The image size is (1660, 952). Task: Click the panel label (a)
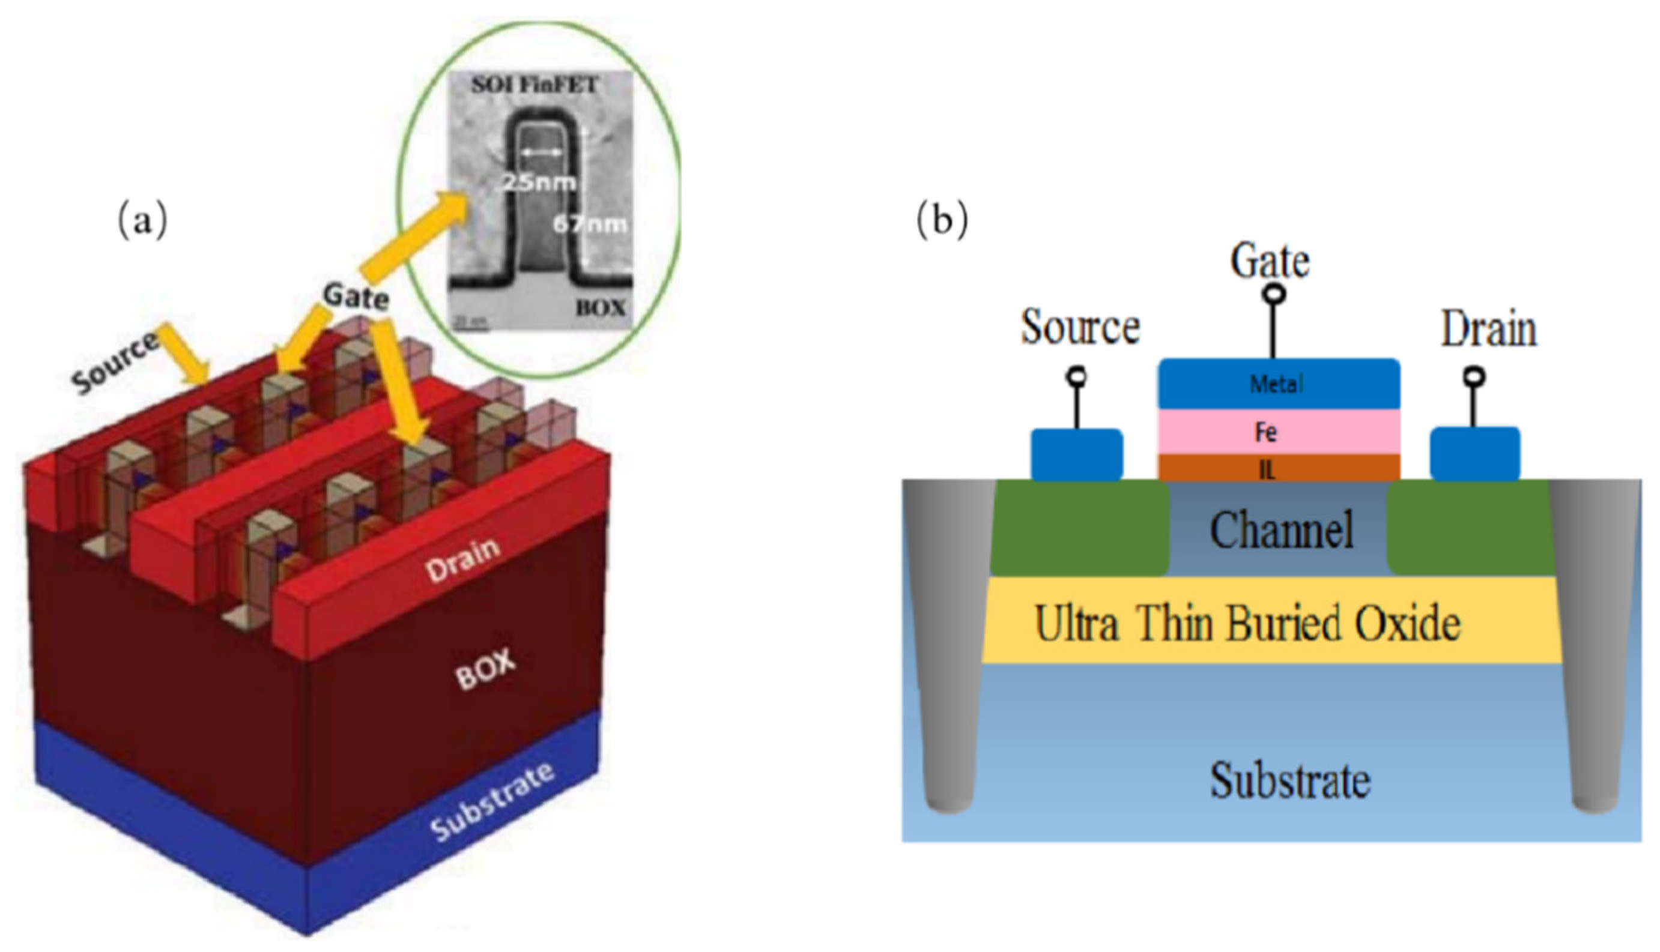(x=142, y=221)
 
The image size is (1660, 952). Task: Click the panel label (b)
(x=942, y=221)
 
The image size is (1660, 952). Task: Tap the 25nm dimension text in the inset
(x=538, y=182)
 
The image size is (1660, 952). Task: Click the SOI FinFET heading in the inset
(x=535, y=85)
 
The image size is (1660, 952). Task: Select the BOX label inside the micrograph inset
(x=600, y=307)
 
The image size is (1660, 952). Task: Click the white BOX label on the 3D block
(x=485, y=671)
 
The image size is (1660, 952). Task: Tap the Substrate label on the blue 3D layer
(x=492, y=801)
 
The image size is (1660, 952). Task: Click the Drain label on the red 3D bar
(x=462, y=561)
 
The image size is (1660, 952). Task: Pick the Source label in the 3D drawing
(x=115, y=363)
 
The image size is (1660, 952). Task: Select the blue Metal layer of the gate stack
(x=1278, y=384)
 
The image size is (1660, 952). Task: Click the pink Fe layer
(x=1278, y=432)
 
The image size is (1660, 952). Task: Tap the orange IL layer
(x=1278, y=468)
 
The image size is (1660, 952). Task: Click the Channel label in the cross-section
(x=1280, y=529)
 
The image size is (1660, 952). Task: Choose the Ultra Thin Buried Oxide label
(x=1247, y=623)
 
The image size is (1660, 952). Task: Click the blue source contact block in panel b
(x=1077, y=455)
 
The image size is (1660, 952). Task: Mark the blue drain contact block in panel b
(x=1474, y=454)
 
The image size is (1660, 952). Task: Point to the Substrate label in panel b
(x=1289, y=780)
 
